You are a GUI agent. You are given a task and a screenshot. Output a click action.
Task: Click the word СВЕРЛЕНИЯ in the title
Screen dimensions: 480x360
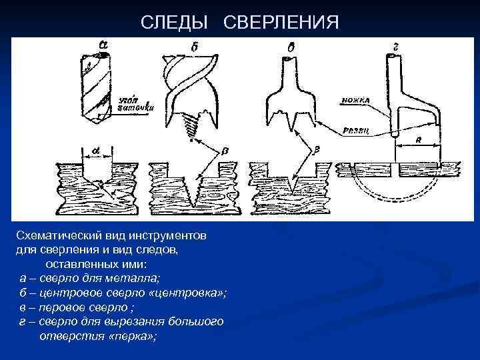pos(281,23)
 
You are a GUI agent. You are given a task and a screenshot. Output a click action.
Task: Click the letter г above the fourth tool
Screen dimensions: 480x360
pos(397,45)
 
